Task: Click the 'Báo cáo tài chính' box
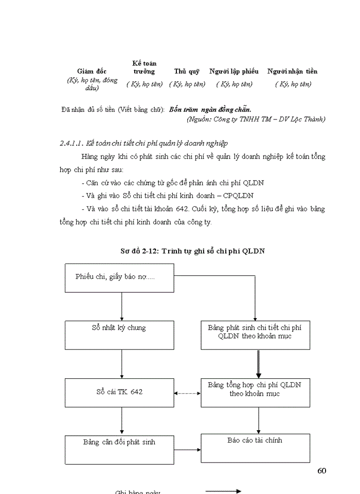coord(255,448)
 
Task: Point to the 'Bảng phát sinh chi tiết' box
coord(255,335)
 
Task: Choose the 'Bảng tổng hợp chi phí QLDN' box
coord(255,393)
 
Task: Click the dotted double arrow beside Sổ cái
coord(187,393)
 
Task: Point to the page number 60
coord(322,470)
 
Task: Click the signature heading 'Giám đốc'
coord(92,72)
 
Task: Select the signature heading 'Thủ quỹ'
coord(187,72)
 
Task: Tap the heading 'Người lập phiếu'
coord(234,72)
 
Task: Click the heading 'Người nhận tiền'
coord(292,72)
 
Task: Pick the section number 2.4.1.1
coord(71,143)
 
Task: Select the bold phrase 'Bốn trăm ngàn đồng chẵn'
coord(210,109)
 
